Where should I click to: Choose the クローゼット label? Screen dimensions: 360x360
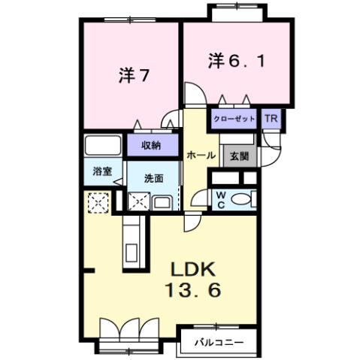[232, 119]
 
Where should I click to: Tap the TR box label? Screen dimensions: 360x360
[269, 119]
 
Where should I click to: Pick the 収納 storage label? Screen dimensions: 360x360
[153, 145]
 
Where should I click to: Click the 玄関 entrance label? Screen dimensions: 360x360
[240, 156]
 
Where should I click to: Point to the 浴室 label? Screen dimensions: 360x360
[103, 171]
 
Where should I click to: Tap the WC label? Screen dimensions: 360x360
[222, 198]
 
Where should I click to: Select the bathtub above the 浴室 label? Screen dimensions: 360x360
[103, 145]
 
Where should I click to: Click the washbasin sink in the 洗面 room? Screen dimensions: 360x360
[162, 201]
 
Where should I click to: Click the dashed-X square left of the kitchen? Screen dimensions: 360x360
[98, 202]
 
